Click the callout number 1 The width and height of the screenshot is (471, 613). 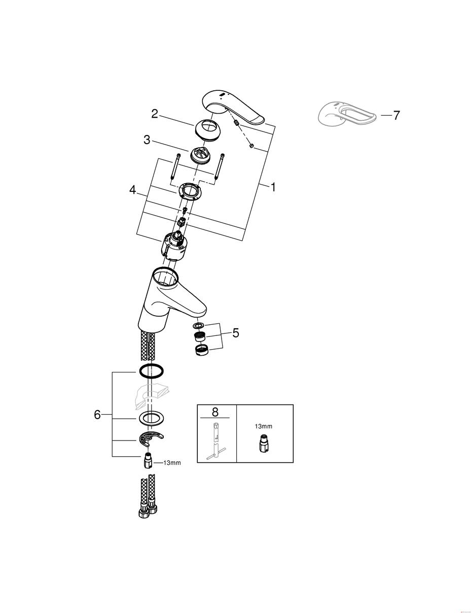(273, 187)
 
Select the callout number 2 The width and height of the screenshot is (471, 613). (155, 114)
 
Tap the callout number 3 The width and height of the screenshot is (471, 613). (147, 140)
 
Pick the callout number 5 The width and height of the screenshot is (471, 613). (236, 333)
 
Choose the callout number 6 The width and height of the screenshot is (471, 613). (97, 415)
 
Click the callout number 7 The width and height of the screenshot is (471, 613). (396, 115)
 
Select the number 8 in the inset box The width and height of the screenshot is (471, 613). (215, 412)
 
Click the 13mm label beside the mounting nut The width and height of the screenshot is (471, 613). (172, 463)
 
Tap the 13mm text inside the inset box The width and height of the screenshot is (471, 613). (264, 426)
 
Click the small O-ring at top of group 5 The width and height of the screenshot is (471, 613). (198, 326)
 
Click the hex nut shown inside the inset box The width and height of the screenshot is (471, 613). (263, 442)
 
